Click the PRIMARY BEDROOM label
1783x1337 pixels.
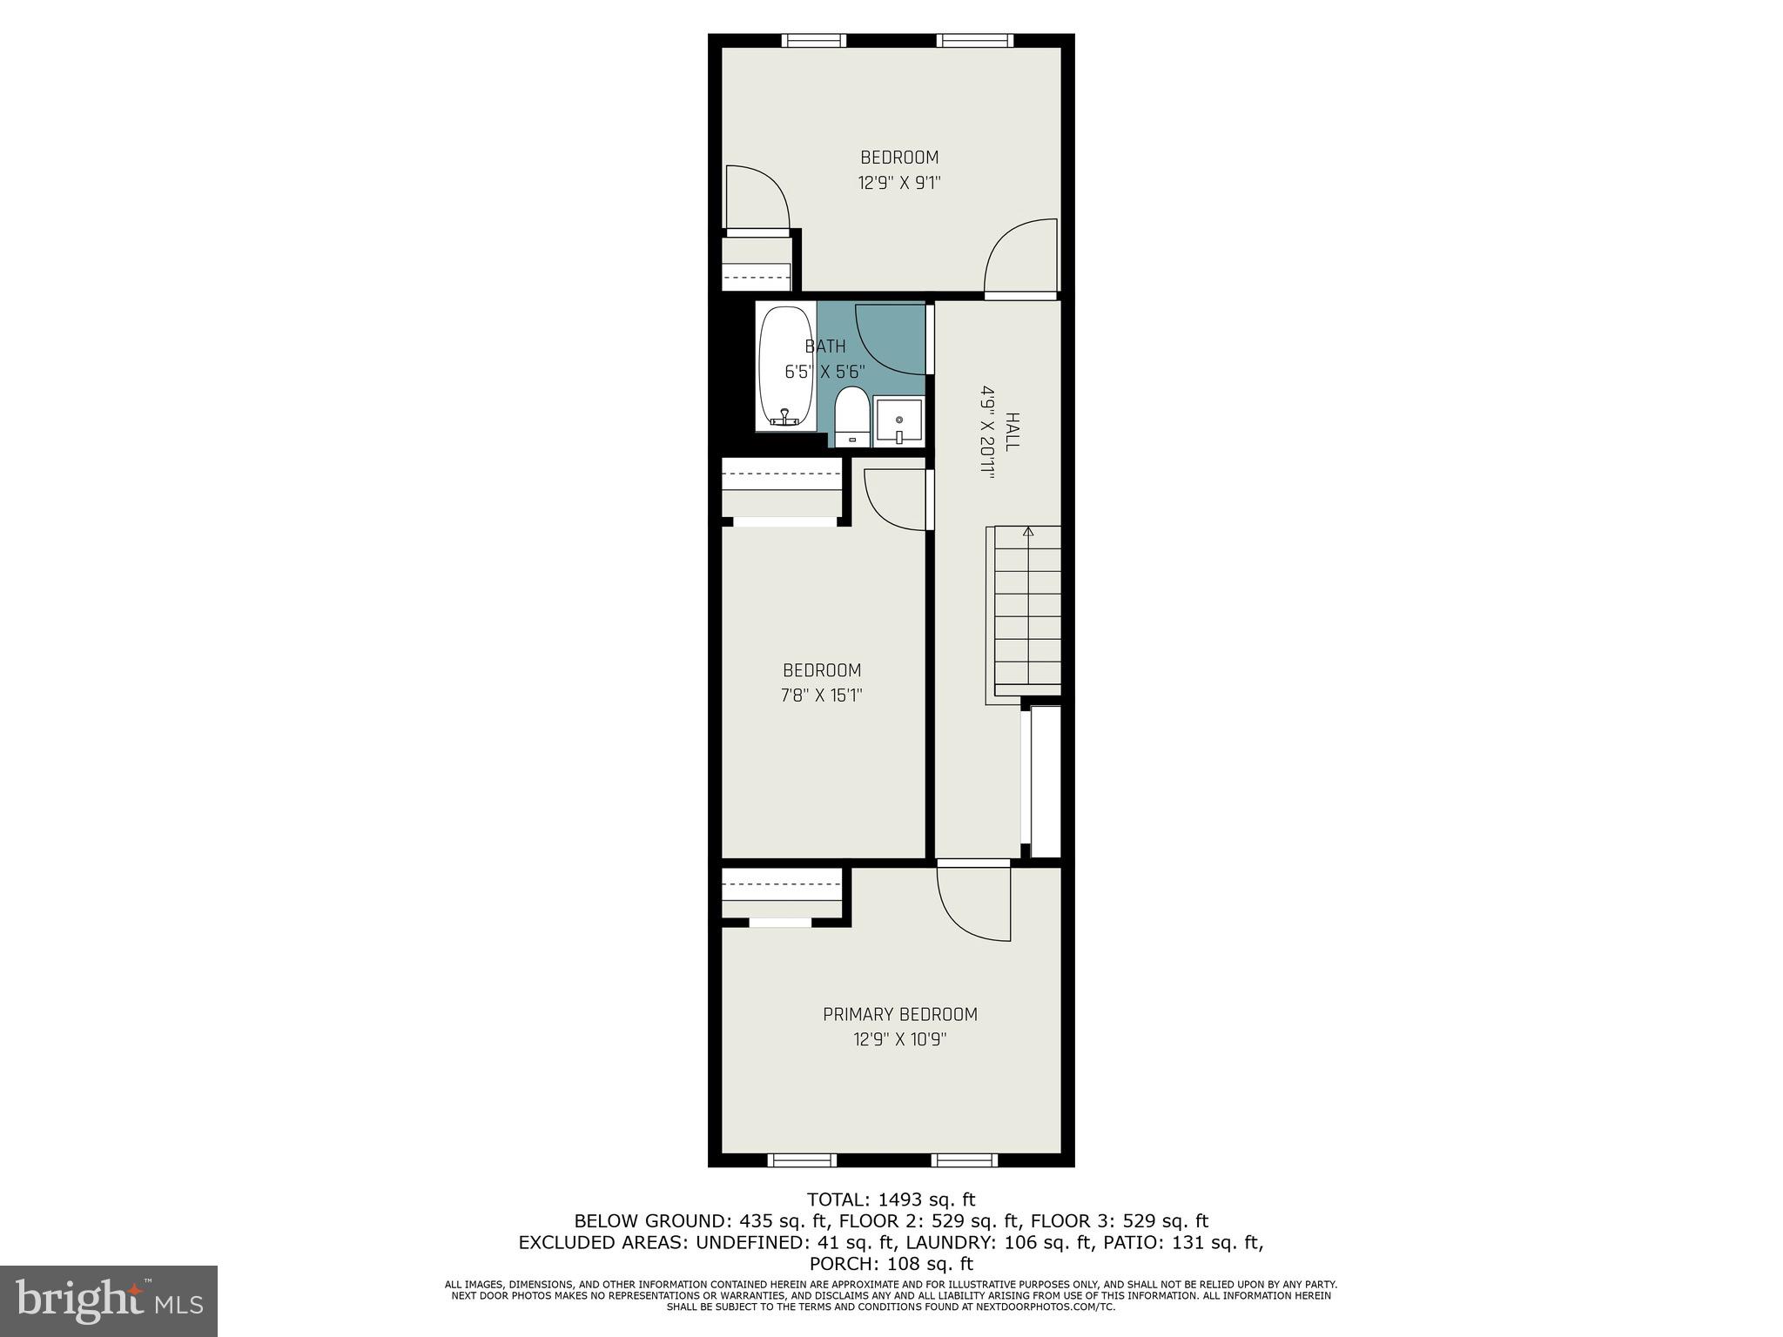pos(899,1014)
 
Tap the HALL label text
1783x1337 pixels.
pos(1012,431)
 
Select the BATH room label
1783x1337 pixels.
pos(824,346)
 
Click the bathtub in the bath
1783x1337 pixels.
pos(785,366)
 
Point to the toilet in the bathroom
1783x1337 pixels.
pos(851,417)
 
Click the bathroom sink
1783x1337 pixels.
pos(898,421)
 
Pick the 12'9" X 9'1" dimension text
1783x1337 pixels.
pos(899,183)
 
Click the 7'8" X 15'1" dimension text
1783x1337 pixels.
pos(822,695)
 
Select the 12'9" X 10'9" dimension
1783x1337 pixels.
pos(899,1039)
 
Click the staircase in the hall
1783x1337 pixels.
pos(1027,609)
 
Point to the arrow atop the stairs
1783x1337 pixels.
pos(1028,531)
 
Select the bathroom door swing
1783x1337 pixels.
pos(888,339)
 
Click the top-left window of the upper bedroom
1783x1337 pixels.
pos(813,40)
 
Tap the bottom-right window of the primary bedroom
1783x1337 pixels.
pos(964,1159)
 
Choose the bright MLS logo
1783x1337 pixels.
pos(109,1300)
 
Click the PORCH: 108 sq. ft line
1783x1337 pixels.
pos(891,1263)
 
